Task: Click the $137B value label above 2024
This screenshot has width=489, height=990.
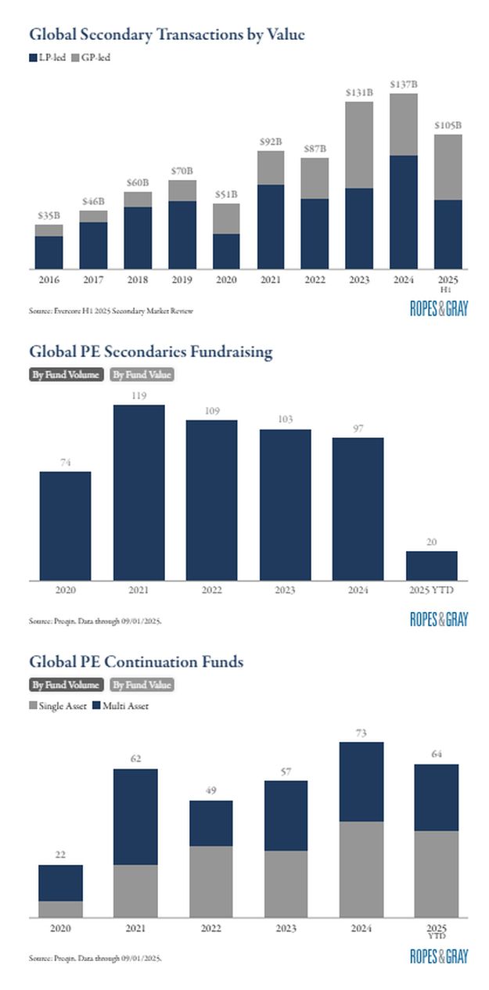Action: (403, 84)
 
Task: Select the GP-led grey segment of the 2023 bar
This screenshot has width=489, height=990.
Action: (359, 145)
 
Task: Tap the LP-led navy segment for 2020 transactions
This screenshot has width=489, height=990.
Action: (226, 251)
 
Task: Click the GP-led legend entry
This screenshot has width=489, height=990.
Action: (91, 57)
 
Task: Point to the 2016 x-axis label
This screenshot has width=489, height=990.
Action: (49, 279)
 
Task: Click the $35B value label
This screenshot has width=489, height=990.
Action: (49, 215)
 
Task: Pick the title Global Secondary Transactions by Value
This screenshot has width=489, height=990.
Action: (167, 34)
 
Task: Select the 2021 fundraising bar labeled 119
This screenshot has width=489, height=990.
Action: (139, 492)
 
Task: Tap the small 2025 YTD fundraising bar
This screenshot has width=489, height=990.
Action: (431, 565)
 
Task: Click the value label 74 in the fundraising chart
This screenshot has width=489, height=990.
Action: (65, 463)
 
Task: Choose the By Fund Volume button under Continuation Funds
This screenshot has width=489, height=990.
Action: (66, 685)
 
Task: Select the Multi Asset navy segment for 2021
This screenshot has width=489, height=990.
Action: (135, 816)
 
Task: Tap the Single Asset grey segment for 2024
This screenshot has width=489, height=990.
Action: (361, 869)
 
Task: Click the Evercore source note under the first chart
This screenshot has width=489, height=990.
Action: (110, 311)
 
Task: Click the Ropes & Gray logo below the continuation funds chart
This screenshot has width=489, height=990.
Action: (438, 956)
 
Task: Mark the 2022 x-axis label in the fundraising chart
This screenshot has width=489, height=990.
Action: (211, 589)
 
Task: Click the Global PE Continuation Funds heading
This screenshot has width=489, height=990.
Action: (136, 662)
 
